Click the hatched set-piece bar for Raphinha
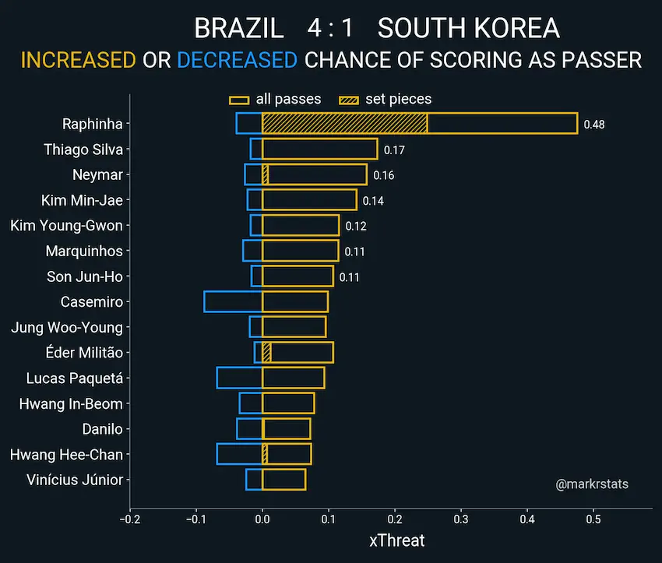coord(344,124)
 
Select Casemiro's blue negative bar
coord(233,301)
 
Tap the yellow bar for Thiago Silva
coord(319,150)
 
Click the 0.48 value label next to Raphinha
coord(594,125)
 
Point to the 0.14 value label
coord(373,201)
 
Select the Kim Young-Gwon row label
coord(66,226)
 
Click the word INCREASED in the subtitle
coord(78,60)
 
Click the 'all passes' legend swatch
coord(239,100)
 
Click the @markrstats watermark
coord(592,484)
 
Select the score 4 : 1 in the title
coord(330,29)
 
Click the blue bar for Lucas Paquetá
coord(239,378)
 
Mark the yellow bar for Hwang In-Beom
coord(288,403)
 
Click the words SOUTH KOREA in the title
coord(468,29)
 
